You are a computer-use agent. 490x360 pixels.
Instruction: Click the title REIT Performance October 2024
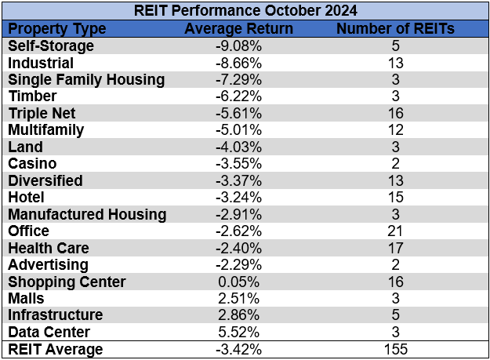pyautogui.click(x=245, y=12)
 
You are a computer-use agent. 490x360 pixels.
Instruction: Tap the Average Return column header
pyautogui.click(x=238, y=29)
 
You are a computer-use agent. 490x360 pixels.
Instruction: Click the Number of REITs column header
pyautogui.click(x=395, y=29)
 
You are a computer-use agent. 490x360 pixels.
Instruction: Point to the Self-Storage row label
pyautogui.click(x=51, y=45)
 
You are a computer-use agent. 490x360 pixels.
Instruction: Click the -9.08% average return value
pyautogui.click(x=238, y=45)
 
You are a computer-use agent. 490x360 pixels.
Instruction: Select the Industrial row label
pyautogui.click(x=41, y=63)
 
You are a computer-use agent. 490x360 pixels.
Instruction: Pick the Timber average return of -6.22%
pyautogui.click(x=238, y=96)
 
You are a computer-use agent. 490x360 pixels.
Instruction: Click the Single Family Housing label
pyautogui.click(x=86, y=79)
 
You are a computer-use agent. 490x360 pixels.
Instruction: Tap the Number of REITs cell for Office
pyautogui.click(x=395, y=231)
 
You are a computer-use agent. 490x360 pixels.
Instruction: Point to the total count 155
pyautogui.click(x=395, y=349)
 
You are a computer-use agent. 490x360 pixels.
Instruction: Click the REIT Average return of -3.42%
pyautogui.click(x=238, y=349)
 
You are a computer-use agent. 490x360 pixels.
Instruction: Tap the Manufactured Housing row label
pyautogui.click(x=87, y=214)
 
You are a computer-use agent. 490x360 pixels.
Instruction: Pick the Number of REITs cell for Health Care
pyautogui.click(x=395, y=248)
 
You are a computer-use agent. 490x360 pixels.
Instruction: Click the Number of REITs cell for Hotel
pyautogui.click(x=395, y=197)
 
